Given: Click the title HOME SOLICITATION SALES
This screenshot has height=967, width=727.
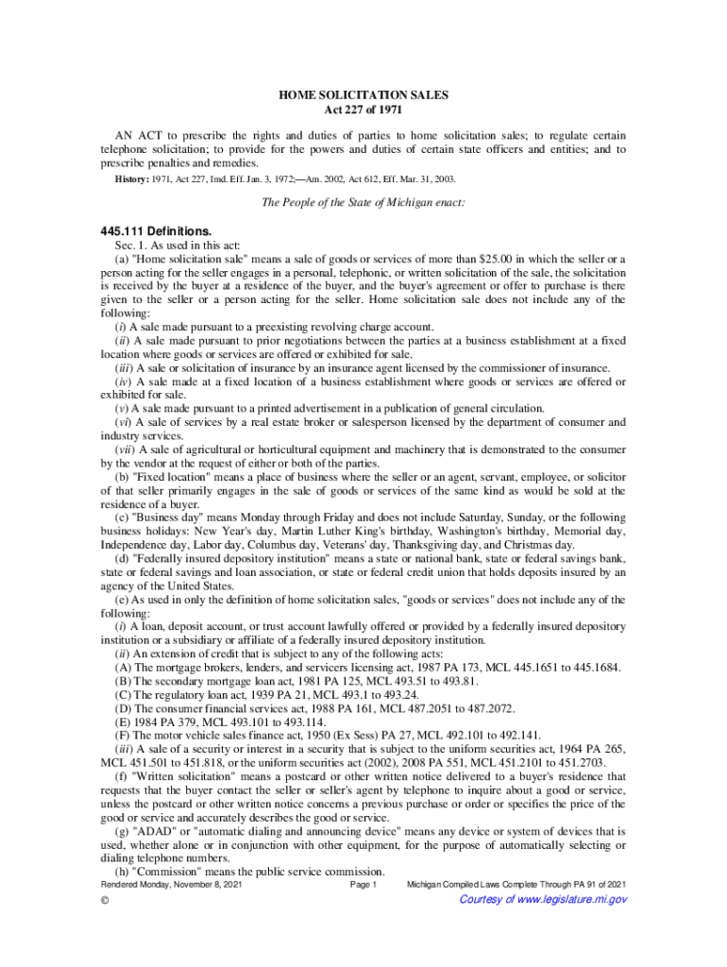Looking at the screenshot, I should [x=363, y=95].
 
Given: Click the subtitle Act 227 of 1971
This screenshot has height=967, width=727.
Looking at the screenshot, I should [x=363, y=110].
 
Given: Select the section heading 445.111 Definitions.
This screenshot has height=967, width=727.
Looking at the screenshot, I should [x=155, y=231].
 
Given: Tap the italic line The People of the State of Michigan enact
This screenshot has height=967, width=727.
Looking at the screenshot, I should [x=363, y=203].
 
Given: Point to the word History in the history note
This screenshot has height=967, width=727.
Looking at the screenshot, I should [x=130, y=178].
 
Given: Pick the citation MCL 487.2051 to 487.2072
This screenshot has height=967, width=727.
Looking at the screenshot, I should [x=457, y=707].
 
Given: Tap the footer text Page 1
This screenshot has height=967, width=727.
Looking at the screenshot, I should [x=363, y=885].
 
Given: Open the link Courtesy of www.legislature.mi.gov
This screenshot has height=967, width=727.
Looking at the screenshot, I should [x=542, y=900].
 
